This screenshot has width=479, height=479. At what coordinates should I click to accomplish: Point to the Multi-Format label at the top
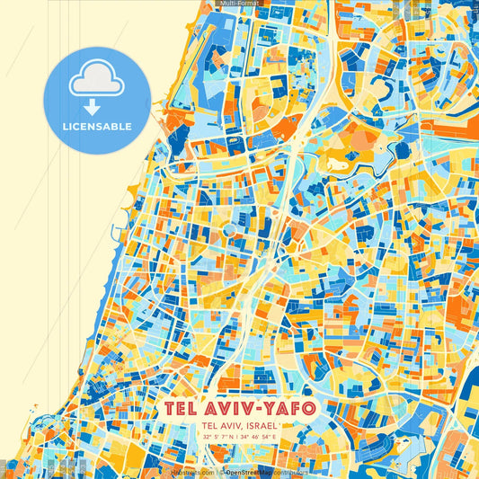pyautogui.click(x=239, y=4)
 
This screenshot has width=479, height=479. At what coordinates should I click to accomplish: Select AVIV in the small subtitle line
pyautogui.click(x=226, y=425)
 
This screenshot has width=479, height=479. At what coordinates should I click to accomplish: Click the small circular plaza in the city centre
pyautogui.click(x=231, y=230)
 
